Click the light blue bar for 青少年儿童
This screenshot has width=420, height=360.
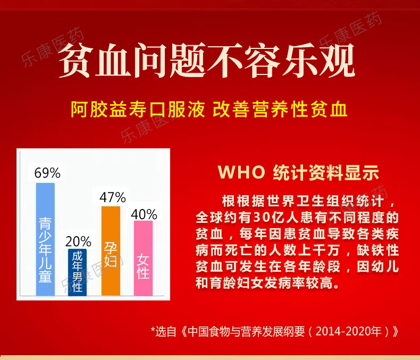coord(45,239)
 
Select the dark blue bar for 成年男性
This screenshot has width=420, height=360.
coord(77,272)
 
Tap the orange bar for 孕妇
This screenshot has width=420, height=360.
coord(111,250)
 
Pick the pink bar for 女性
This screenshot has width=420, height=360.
coord(143,258)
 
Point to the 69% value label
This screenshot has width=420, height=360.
coord(47,173)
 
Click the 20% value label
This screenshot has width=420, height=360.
coord(78,241)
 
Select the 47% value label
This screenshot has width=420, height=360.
coord(113,197)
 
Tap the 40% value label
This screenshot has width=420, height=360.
coord(144,214)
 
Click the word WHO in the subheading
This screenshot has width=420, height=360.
coord(241,172)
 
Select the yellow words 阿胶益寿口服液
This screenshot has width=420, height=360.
coord(138,110)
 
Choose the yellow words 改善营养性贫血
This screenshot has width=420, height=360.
coord(280,110)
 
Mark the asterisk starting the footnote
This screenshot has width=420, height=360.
coord(153,330)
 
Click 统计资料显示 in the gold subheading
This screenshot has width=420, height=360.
coord(326,172)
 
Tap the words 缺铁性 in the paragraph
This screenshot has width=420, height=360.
coord(377,250)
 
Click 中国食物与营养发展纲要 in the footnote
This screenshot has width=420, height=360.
coord(246,332)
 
